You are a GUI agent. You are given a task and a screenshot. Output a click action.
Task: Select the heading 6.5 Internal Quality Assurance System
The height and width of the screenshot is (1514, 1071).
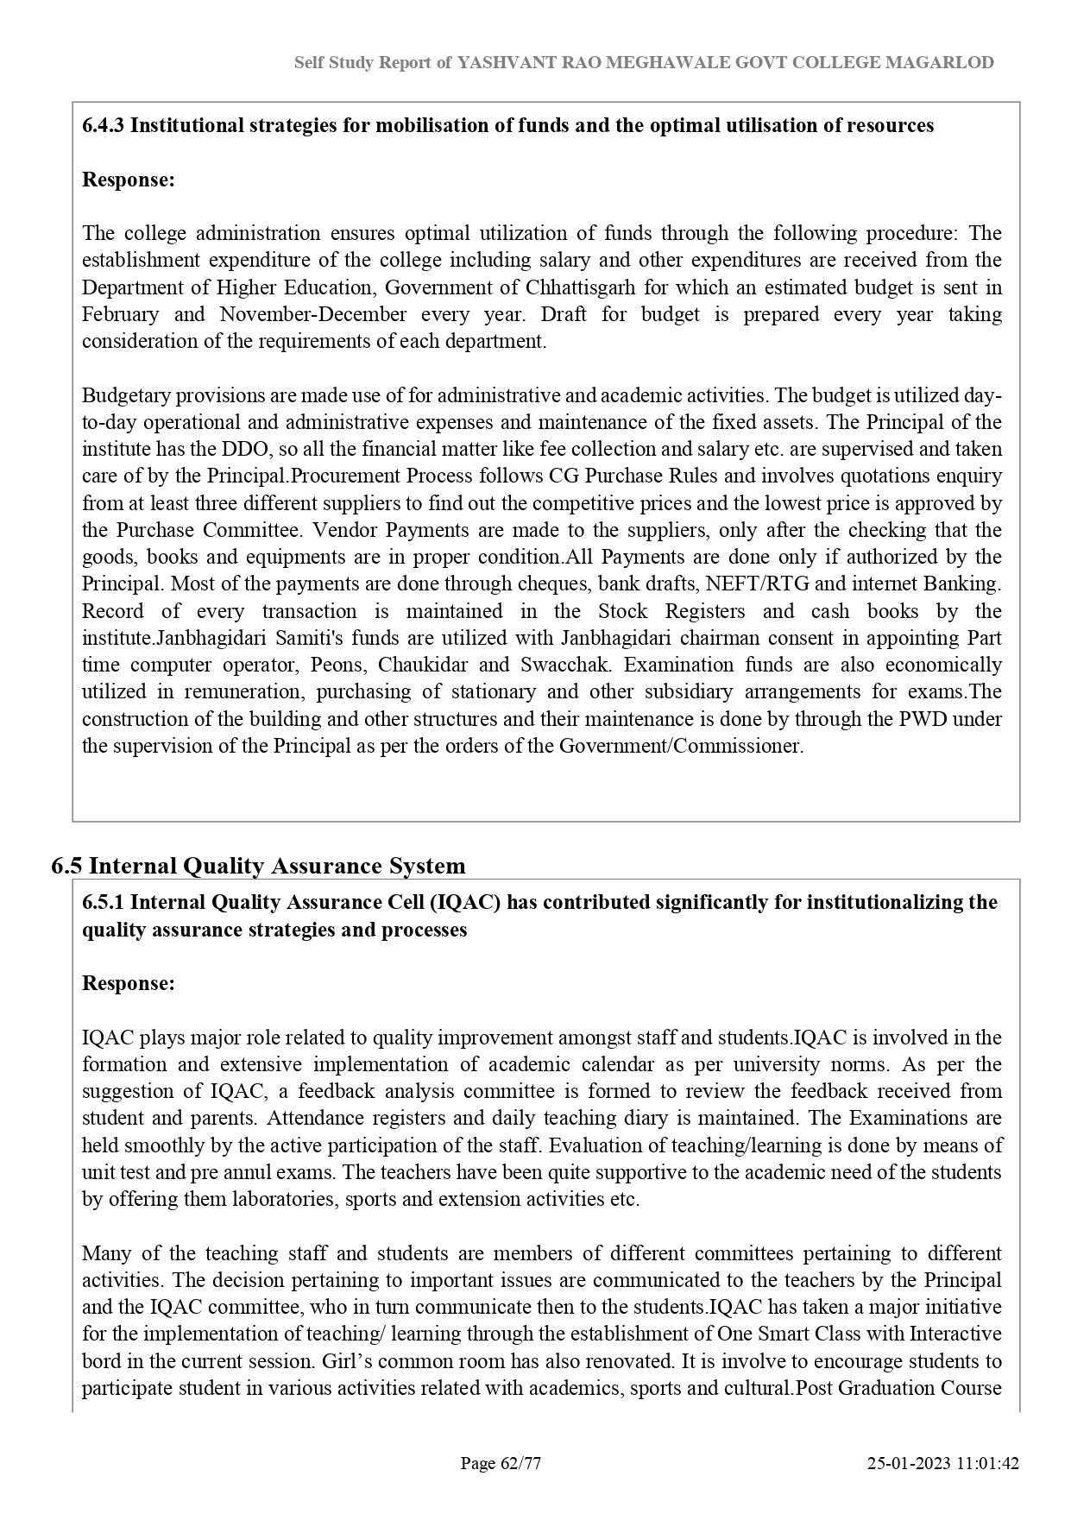point(258,866)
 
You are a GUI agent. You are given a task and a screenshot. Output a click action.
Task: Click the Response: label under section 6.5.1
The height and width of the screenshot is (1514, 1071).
point(129,983)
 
